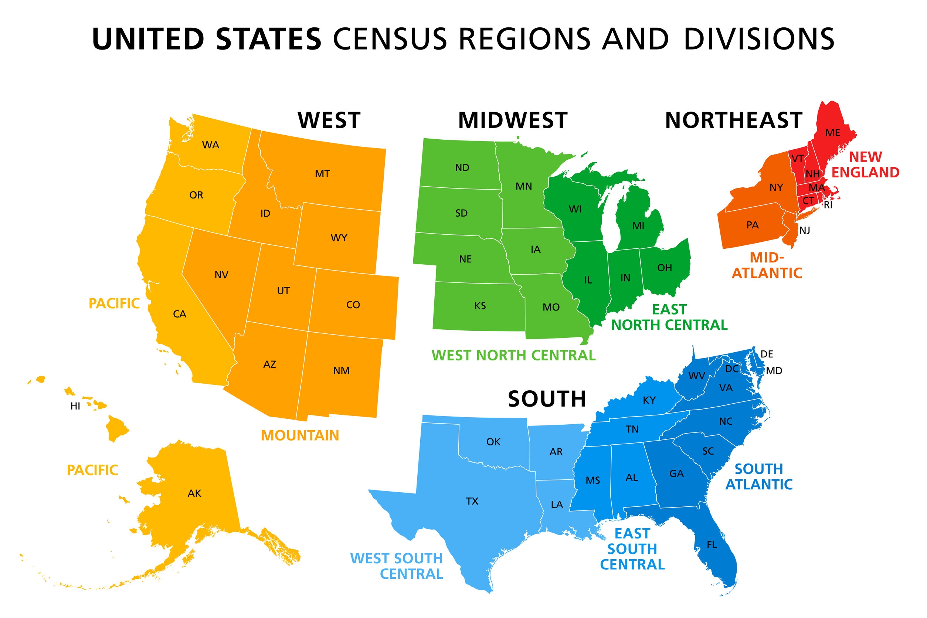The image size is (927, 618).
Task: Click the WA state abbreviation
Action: click(x=210, y=145)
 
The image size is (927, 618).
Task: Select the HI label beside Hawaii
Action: click(x=75, y=406)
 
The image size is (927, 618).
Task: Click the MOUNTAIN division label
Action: click(x=300, y=435)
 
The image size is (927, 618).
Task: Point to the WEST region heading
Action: click(x=329, y=120)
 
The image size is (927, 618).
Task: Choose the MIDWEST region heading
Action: click(x=512, y=120)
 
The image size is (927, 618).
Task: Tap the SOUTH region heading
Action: click(x=547, y=399)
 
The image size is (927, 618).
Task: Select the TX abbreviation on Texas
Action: click(x=472, y=501)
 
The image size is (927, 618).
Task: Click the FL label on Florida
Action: click(x=712, y=545)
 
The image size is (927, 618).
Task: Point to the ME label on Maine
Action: click(x=832, y=133)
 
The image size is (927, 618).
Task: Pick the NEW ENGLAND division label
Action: click(x=865, y=165)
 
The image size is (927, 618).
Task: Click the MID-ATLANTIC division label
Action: click(x=767, y=265)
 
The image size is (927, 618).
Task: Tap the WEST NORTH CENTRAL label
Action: click(x=513, y=356)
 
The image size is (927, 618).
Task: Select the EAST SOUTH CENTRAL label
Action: click(x=632, y=549)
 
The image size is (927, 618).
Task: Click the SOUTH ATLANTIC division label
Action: click(x=759, y=476)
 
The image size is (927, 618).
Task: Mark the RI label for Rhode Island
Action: click(x=828, y=205)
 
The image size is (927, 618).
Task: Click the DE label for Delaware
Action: click(x=767, y=354)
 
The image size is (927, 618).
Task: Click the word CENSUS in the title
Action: click(x=390, y=39)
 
